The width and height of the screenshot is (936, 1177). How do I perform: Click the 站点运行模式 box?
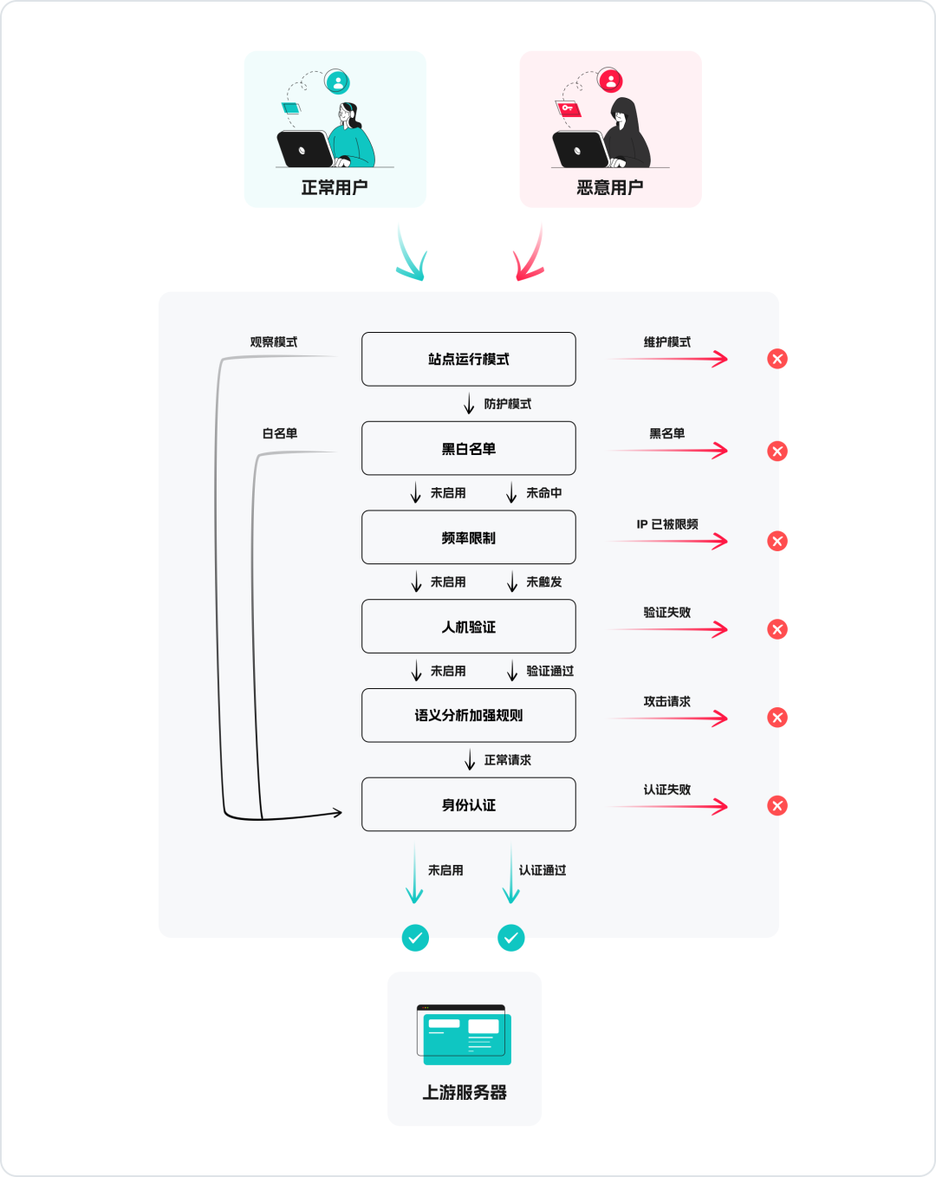tap(468, 359)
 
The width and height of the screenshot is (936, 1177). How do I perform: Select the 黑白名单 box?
tap(468, 448)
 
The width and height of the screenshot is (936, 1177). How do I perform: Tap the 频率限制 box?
tap(468, 537)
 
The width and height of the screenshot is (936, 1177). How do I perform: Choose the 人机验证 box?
tap(468, 627)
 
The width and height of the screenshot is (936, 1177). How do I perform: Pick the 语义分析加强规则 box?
tap(468, 715)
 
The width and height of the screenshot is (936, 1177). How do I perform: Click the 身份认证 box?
tap(468, 804)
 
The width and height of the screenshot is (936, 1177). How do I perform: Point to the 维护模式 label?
tap(666, 342)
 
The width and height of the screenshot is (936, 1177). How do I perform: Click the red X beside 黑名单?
tap(777, 451)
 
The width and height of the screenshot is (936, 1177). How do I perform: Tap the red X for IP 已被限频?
tap(777, 541)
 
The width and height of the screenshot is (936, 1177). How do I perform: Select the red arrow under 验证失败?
tap(669, 629)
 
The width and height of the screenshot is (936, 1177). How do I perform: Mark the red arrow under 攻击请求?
tap(669, 718)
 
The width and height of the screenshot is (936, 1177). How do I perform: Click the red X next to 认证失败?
tap(777, 806)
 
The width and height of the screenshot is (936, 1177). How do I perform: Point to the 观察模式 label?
tap(274, 342)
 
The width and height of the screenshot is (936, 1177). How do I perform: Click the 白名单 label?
tap(280, 433)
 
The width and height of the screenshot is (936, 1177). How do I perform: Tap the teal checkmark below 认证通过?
tap(511, 938)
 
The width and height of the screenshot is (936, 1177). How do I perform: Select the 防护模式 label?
tap(508, 404)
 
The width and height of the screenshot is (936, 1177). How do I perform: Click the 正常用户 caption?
tap(335, 187)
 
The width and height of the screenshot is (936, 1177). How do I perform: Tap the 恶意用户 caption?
tap(610, 187)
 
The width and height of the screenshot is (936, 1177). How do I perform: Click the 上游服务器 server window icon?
tap(464, 1035)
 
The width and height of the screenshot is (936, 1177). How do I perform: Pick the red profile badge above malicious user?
tap(611, 81)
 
